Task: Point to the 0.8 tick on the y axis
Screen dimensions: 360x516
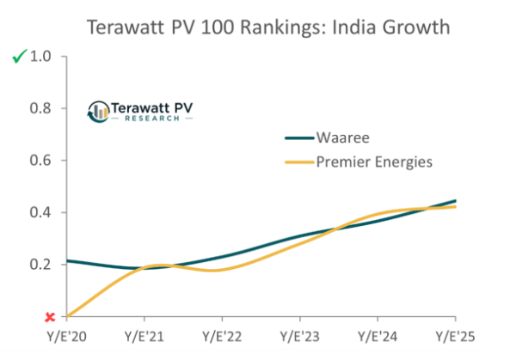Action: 42,108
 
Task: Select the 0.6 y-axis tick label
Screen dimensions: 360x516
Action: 42,161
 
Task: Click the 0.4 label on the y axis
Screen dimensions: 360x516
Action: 42,212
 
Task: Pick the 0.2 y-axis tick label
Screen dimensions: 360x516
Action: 42,265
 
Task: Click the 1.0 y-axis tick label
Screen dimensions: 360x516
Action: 42,57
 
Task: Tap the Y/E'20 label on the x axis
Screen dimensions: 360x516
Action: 67,336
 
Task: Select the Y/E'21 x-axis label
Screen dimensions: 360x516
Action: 144,336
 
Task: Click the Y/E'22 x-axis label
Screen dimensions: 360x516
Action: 222,336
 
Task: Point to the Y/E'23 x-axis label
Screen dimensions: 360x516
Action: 299,336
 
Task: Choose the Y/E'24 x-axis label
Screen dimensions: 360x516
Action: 377,336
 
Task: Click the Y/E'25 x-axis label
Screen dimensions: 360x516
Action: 454,336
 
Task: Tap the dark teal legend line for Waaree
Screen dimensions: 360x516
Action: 298,137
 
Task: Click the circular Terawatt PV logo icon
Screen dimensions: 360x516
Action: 99,111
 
